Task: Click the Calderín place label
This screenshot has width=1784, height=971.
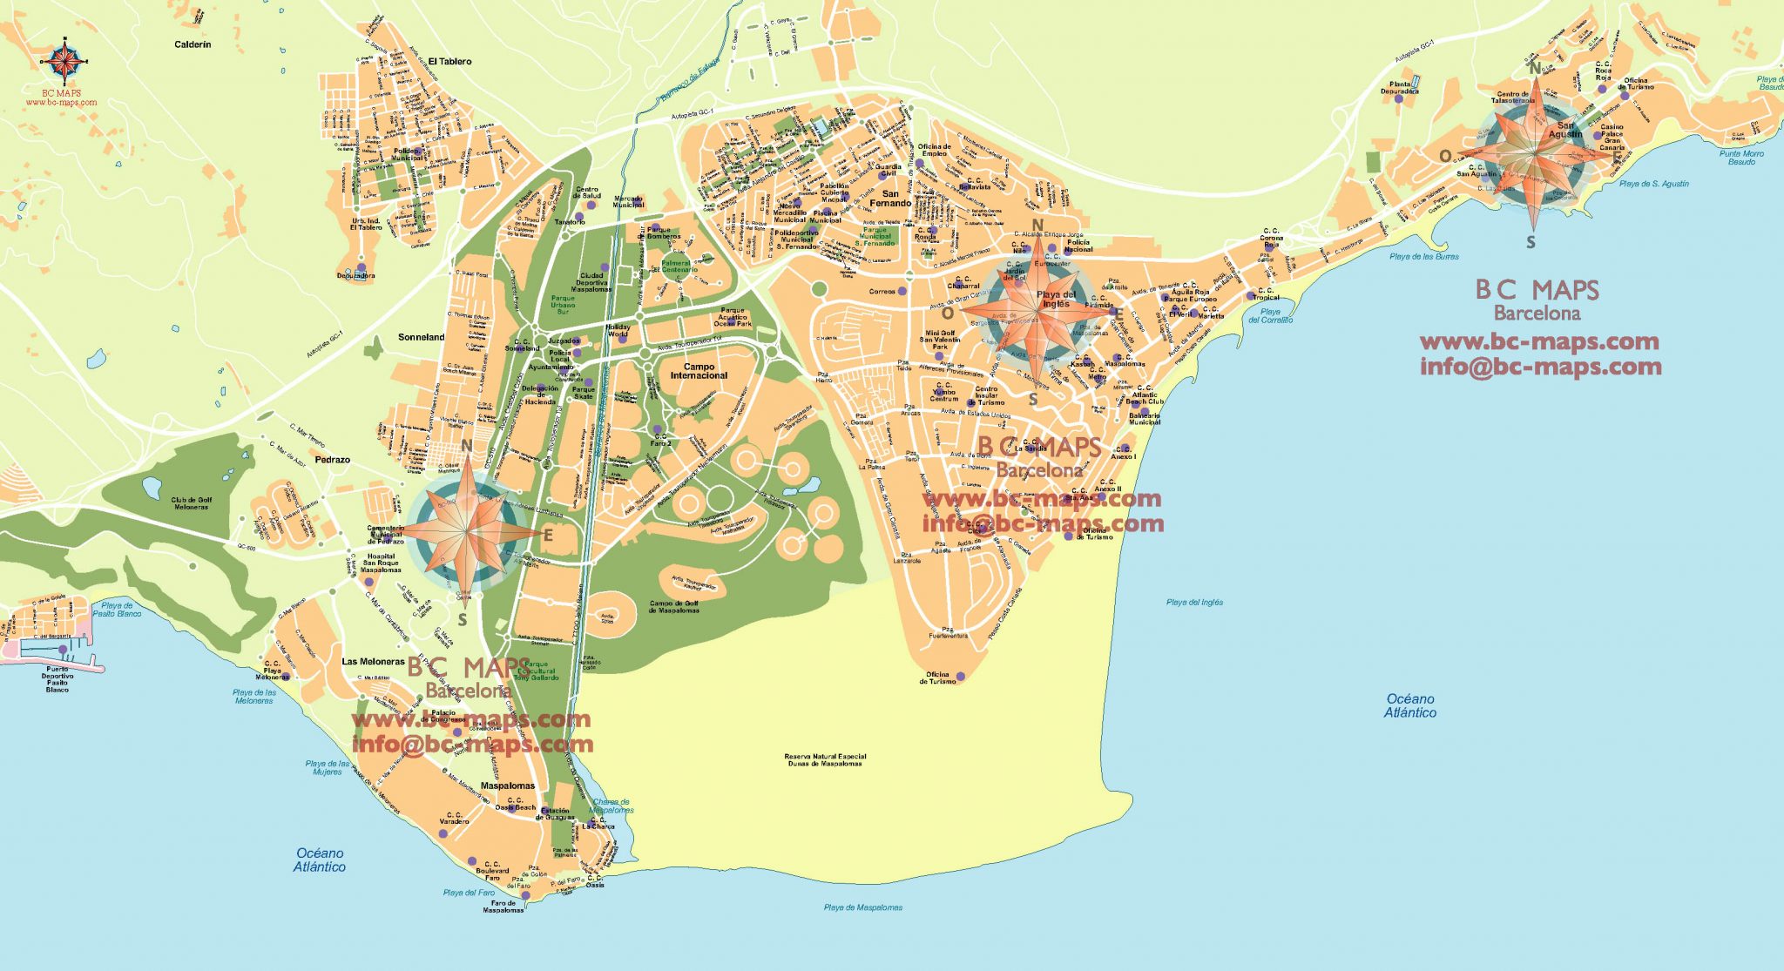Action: tap(193, 44)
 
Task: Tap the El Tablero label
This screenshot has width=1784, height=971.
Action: tap(450, 62)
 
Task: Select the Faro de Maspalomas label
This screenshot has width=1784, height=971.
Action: tap(503, 907)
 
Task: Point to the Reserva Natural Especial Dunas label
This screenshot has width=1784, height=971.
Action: tap(825, 760)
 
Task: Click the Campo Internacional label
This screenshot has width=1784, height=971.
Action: tap(699, 371)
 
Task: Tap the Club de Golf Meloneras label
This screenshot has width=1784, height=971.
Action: tap(191, 503)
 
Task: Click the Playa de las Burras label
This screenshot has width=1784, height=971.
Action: tap(1423, 257)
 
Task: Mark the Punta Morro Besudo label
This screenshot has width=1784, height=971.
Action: tap(1741, 158)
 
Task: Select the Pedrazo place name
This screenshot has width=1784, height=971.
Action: tap(332, 459)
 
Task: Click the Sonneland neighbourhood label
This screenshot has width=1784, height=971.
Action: tap(421, 337)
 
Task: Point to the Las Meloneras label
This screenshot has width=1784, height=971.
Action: tap(373, 662)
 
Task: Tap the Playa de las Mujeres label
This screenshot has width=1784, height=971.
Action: tap(328, 768)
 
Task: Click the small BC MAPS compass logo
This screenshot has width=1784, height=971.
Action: tap(65, 59)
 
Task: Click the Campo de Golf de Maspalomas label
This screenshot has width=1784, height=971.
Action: tap(674, 606)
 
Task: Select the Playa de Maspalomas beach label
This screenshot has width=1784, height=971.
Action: tap(862, 907)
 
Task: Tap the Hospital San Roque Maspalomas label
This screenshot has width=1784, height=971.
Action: tap(381, 563)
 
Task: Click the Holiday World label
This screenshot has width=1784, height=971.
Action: tap(618, 331)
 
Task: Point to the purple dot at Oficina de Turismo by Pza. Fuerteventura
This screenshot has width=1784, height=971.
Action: tap(961, 677)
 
